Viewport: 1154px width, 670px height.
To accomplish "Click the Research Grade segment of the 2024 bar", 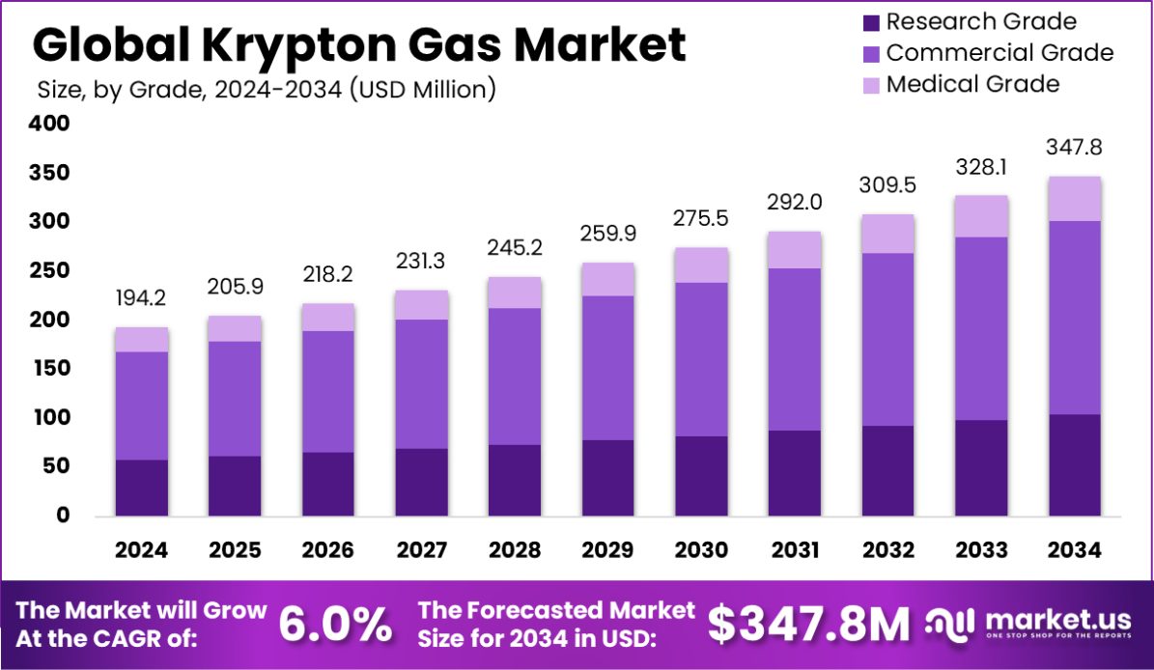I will (x=142, y=488).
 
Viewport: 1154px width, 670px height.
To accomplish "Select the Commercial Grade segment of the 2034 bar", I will (x=1075, y=318).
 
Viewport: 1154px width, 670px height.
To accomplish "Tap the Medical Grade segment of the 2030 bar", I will (x=701, y=265).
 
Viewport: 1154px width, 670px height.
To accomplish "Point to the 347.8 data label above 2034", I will (x=1075, y=149).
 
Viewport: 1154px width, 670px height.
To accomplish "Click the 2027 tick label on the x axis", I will (x=421, y=550).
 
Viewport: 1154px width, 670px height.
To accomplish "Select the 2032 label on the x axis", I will (x=887, y=550).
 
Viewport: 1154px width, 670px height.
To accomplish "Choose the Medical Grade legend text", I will (x=972, y=84).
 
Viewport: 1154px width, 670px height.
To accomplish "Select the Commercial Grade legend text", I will (x=999, y=52).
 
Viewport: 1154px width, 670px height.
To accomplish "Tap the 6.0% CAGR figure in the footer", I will (x=336, y=625).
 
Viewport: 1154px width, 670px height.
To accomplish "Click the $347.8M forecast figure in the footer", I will (x=808, y=625).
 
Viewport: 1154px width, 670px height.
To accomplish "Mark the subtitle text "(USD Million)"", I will (x=423, y=90).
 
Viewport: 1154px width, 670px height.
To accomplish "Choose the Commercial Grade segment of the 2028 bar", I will (x=515, y=377).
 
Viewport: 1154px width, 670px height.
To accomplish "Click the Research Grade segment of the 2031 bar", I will (x=794, y=473).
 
